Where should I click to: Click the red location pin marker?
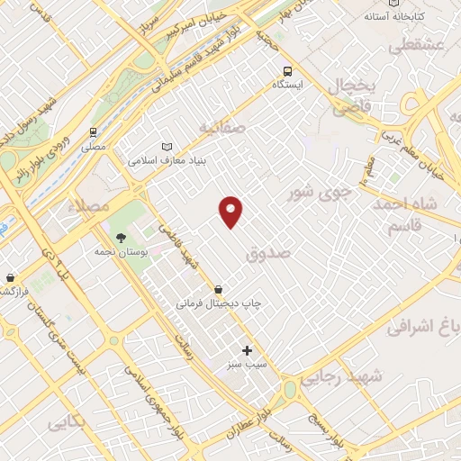click(232, 211)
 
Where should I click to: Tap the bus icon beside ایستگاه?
click(287, 71)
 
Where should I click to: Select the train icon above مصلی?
click(94, 131)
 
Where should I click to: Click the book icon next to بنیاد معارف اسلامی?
click(167, 147)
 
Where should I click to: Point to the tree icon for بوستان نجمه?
click(121, 238)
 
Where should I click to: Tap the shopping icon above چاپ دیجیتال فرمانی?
click(220, 289)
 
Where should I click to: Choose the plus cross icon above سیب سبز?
click(247, 350)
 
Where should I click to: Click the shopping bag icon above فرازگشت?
click(10, 278)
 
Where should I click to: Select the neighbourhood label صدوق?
click(268, 255)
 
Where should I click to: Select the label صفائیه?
click(222, 128)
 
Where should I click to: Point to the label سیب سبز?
click(246, 366)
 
